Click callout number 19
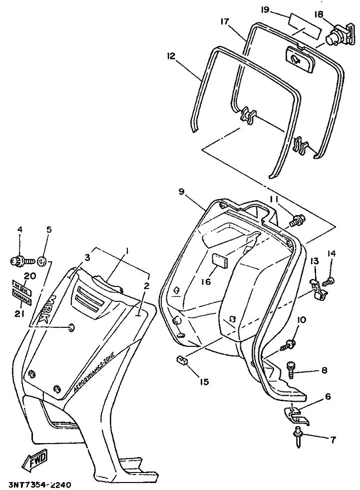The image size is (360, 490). [265, 9]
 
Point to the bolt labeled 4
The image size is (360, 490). [21, 260]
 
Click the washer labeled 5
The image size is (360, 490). [43, 260]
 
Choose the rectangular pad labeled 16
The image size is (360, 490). [220, 260]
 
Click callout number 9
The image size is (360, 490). [181, 191]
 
